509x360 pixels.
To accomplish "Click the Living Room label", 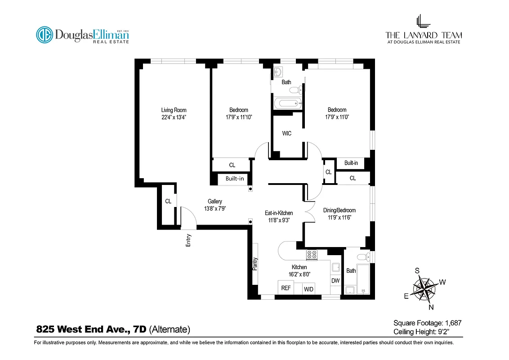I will click(174, 110).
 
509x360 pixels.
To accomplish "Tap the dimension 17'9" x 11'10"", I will click(238, 117).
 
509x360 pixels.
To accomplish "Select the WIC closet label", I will click(286, 134).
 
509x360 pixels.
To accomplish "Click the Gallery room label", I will click(214, 202).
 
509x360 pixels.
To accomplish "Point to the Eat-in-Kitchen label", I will click(279, 213).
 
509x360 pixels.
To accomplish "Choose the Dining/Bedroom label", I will click(339, 210).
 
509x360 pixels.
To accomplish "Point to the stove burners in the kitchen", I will click(312, 255).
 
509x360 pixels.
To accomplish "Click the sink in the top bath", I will click(278, 72).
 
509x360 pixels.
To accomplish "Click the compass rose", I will click(424, 288).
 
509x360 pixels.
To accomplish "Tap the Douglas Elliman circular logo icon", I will click(45, 35).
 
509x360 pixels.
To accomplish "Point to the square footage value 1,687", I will click(453, 323).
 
